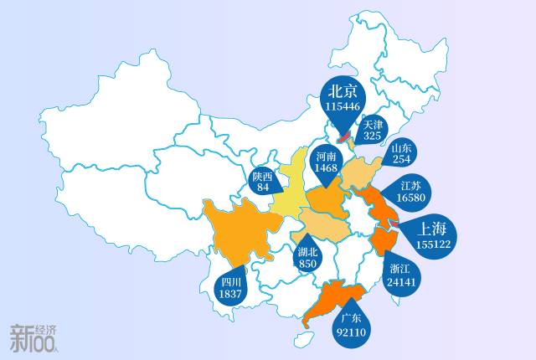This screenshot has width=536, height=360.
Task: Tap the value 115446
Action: [x=343, y=107]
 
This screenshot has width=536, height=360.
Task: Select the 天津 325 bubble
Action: [x=372, y=129]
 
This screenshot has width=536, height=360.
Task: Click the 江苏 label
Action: [x=410, y=185]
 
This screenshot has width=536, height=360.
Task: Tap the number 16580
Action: [x=410, y=198]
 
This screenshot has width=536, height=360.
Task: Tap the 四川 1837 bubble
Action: [x=229, y=288]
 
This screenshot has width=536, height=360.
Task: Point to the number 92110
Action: [x=351, y=332]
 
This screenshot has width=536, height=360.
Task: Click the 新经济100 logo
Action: [x=34, y=337]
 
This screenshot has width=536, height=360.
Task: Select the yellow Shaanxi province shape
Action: [x=289, y=180]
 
